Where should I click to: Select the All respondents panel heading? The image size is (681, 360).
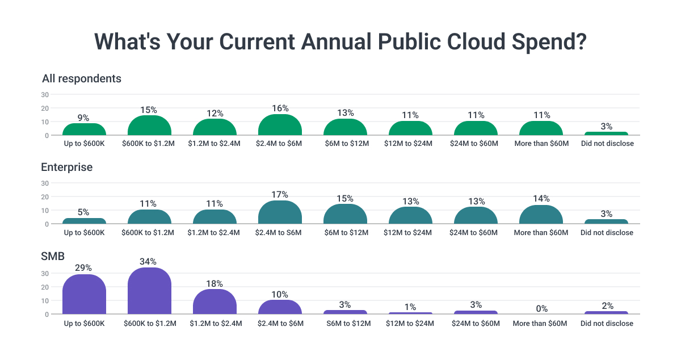(x=81, y=78)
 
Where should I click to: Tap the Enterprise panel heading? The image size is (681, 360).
(x=66, y=167)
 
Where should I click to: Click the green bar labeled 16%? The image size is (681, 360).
(x=280, y=125)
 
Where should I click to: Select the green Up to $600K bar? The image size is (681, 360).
(x=84, y=129)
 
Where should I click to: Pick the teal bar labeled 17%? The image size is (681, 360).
(x=280, y=213)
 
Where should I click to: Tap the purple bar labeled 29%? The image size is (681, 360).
(x=84, y=295)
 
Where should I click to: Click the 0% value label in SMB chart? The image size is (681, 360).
(x=541, y=308)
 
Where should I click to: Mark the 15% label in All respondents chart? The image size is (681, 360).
(x=149, y=110)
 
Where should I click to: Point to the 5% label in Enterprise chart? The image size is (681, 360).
(x=84, y=212)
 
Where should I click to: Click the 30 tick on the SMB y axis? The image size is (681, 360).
(x=45, y=273)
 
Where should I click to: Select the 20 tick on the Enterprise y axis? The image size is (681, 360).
(x=45, y=196)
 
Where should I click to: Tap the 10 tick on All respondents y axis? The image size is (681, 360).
(x=45, y=122)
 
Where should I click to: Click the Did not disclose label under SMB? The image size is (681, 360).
(x=607, y=323)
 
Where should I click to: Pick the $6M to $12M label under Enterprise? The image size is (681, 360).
(x=345, y=232)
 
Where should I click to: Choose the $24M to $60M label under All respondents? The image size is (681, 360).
(x=476, y=144)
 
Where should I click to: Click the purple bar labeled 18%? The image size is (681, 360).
(x=215, y=302)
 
